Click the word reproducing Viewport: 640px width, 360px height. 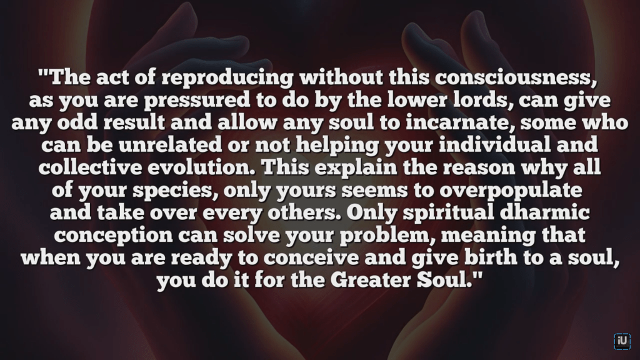click(227, 78)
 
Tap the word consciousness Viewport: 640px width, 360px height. click(513, 77)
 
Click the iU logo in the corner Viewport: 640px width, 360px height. click(622, 341)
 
